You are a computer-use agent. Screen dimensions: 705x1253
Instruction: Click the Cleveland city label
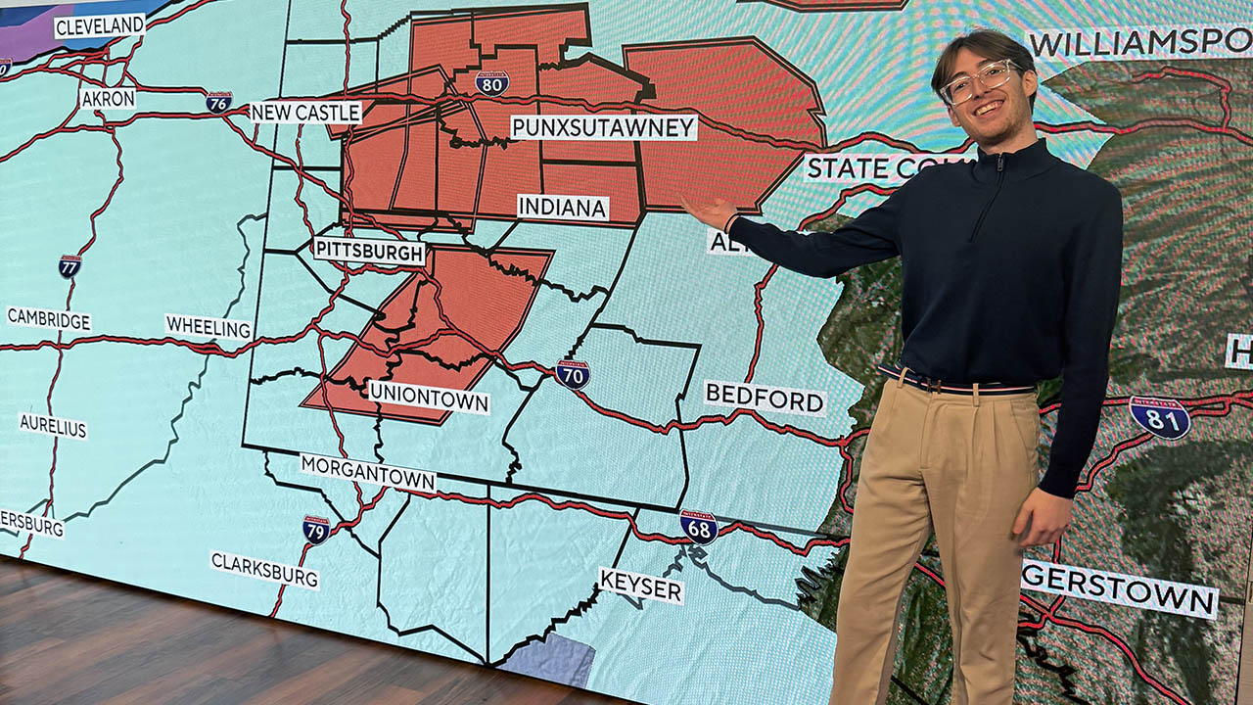99,26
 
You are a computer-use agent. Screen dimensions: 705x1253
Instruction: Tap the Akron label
109,98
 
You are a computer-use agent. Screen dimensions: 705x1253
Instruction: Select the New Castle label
305,113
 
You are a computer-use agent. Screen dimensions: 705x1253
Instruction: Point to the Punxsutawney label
604,127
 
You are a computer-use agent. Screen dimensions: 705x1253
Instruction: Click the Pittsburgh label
369,251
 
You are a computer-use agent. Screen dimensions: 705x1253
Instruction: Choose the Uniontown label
429,397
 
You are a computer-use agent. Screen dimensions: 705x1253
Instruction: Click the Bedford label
765,398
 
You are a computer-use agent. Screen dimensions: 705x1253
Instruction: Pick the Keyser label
641,585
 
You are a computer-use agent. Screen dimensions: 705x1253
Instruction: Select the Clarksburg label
264,570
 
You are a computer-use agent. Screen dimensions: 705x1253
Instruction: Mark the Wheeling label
209,327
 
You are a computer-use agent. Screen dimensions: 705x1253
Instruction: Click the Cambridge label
49,319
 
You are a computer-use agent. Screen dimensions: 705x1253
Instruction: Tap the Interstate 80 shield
491,82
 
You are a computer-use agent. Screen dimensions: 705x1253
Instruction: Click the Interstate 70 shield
572,374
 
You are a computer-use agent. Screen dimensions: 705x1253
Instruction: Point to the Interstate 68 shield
699,527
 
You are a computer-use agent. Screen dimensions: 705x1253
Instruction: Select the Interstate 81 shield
1160,417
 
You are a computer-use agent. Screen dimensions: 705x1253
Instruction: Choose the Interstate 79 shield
316,530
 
